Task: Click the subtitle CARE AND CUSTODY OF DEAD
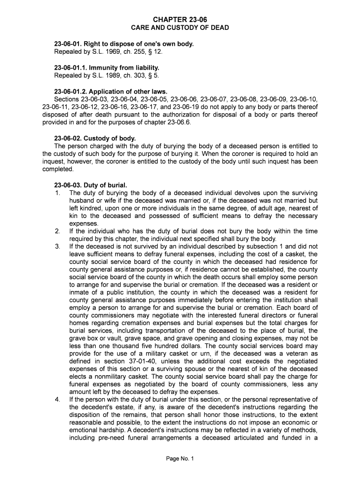click(x=180, y=28)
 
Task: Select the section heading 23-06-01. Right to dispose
click(x=124, y=44)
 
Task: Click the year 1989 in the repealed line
click(x=107, y=75)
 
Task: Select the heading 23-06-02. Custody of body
click(x=95, y=138)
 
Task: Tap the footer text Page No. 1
click(x=180, y=459)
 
